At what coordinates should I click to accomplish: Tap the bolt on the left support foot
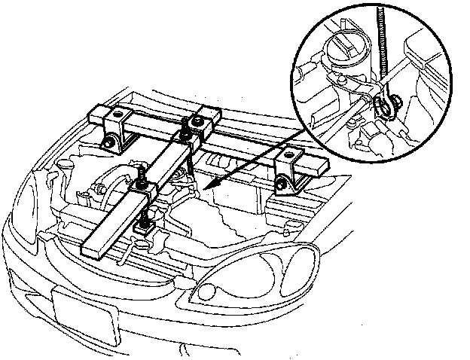click(110, 142)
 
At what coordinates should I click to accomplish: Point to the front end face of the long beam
click(93, 249)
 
